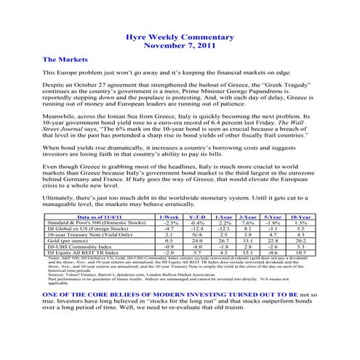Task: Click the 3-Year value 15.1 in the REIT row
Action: [x=247, y=252]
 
